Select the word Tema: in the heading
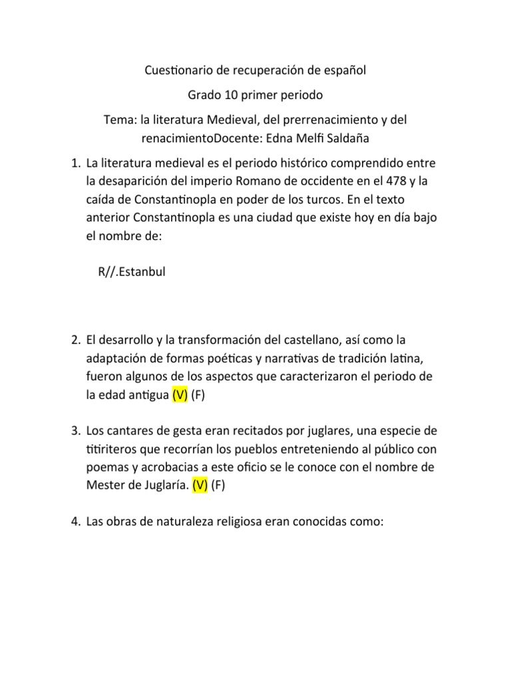(x=120, y=120)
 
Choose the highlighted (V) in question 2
(x=180, y=395)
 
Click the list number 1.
(x=76, y=163)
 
